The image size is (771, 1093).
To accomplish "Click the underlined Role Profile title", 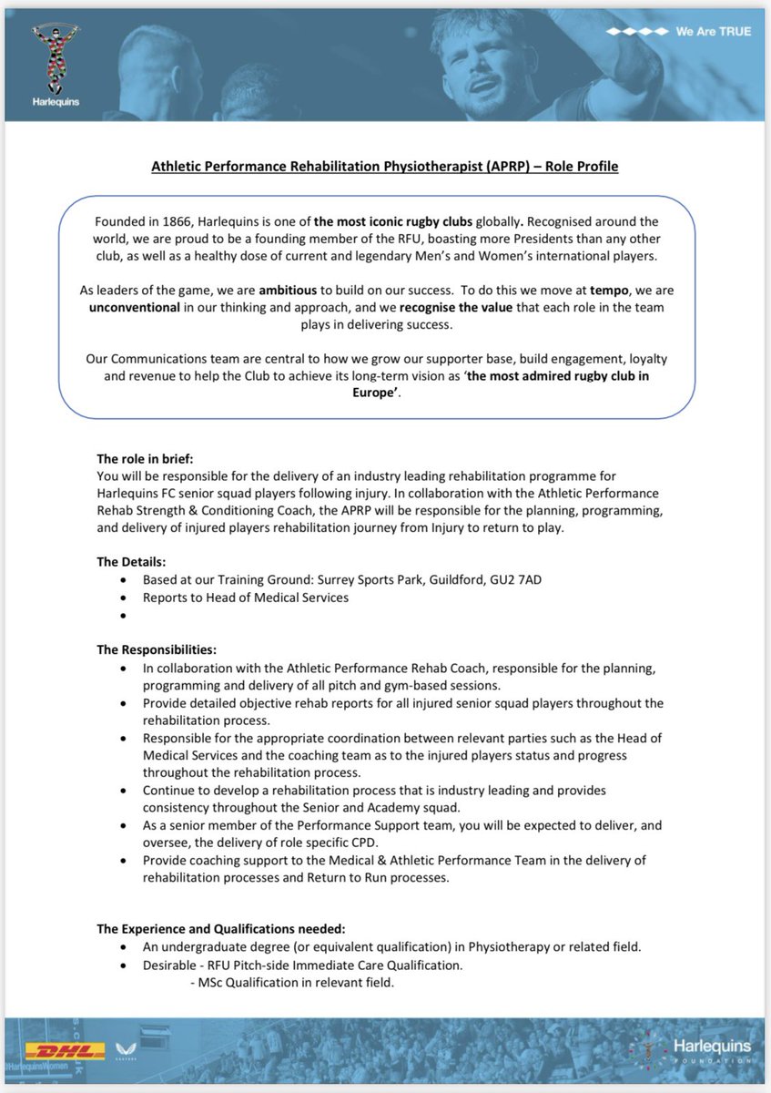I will click(383, 167).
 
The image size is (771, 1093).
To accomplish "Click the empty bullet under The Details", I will click(123, 616).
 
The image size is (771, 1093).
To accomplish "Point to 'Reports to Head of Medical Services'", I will click(246, 598).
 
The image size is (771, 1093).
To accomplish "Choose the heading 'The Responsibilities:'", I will click(157, 649).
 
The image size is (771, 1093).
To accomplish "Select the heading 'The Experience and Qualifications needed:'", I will click(221, 928).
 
